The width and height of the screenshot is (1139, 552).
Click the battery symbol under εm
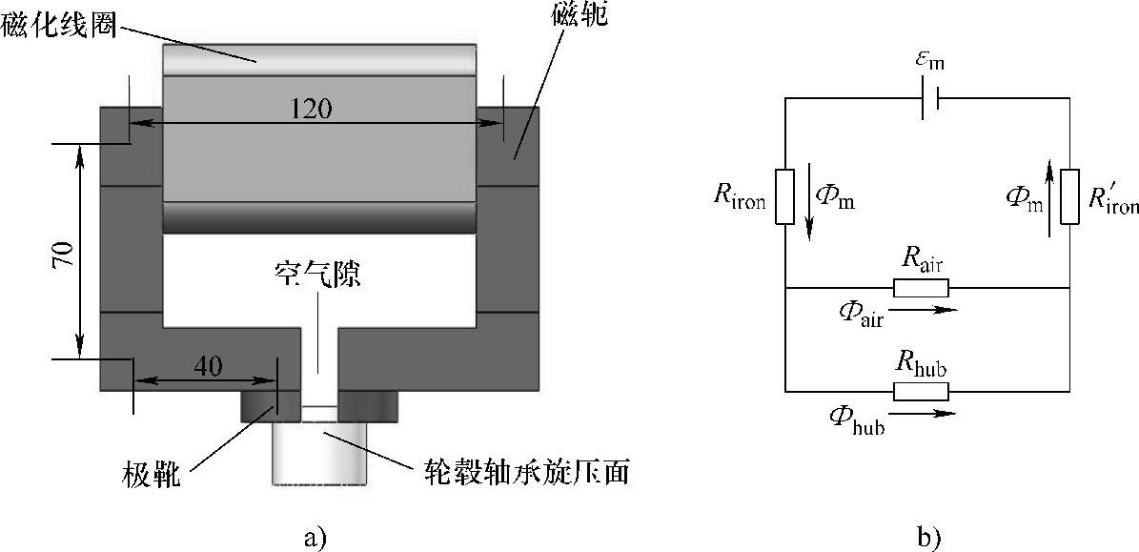point(926,98)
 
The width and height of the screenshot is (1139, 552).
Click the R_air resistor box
point(921,288)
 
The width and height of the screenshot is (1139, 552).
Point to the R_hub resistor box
point(921,391)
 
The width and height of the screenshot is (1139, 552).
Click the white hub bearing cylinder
point(319,452)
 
